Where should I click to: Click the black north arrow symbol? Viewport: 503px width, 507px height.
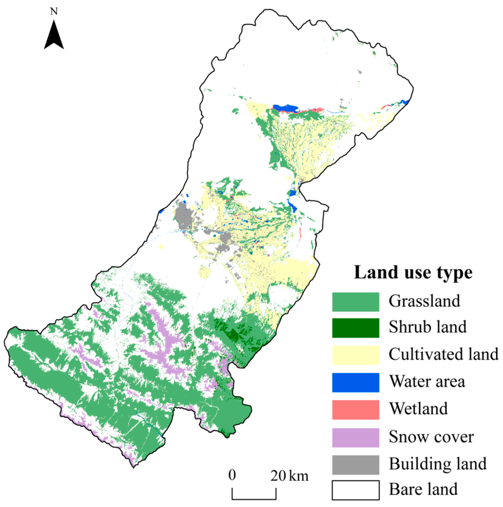pos(54,37)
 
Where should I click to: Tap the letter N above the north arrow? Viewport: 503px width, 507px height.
pos(54,12)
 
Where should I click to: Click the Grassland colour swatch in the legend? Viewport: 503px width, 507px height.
pos(355,302)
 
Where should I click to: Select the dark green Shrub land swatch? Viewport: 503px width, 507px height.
pos(355,328)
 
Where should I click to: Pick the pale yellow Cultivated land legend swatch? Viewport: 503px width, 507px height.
pos(355,355)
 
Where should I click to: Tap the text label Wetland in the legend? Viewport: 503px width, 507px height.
pos(418,409)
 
